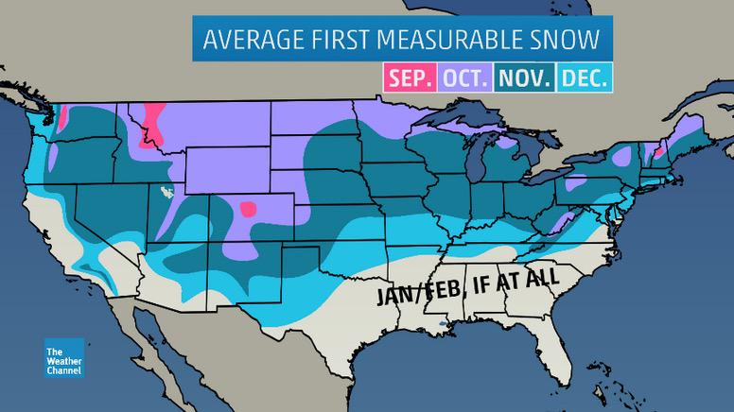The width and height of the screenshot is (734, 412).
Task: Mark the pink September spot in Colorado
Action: coord(249,209)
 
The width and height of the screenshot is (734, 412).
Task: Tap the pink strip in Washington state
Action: coord(63,121)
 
